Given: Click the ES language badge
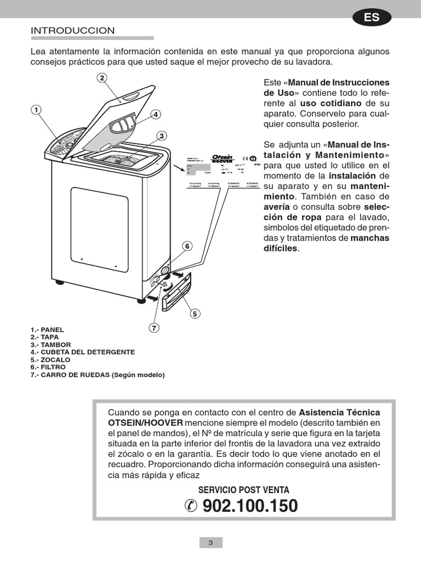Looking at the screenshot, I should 372,18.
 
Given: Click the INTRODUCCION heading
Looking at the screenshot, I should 72,31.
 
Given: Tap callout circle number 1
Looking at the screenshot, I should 36,110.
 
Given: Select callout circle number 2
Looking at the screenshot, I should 102,77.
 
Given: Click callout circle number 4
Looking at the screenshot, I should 156,115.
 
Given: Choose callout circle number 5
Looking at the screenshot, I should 195,314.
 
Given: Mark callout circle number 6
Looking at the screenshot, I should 187,247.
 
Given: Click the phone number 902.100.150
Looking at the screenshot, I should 250,506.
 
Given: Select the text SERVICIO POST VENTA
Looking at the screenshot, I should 244,490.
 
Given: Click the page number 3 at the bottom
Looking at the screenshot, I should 210,543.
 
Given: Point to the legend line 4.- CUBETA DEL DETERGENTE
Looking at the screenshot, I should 83,352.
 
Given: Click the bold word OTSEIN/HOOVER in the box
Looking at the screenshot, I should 145,423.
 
